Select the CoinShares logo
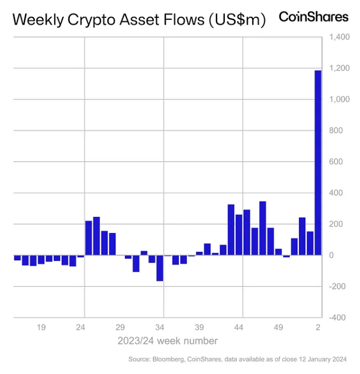click(313, 17)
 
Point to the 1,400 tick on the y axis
click(339, 37)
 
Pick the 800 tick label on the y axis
click(336, 130)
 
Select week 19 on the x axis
click(41, 327)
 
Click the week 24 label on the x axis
click(81, 327)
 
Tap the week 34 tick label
click(160, 327)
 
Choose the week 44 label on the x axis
click(239, 327)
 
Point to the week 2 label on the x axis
click(318, 327)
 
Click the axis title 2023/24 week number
click(167, 341)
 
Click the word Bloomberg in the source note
click(174, 358)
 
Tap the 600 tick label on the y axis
click(336, 161)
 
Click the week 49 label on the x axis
click(278, 327)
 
